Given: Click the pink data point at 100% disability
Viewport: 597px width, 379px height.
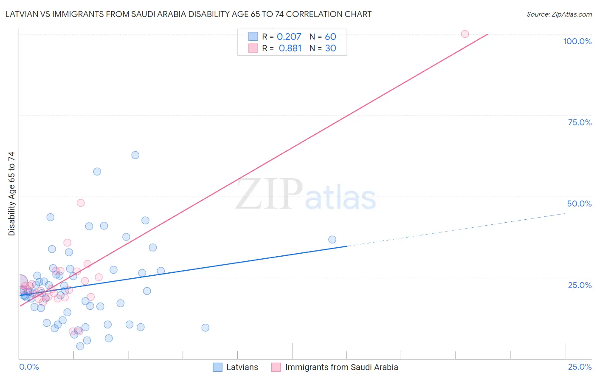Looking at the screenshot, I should coord(465,34).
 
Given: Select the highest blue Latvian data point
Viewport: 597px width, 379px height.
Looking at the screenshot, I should coord(135,155).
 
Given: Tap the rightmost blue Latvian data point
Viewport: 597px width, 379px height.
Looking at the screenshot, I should coord(332,240).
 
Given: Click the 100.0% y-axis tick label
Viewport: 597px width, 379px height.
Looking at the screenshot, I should coord(577,41).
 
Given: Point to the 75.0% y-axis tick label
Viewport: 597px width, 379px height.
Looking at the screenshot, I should coord(580,122).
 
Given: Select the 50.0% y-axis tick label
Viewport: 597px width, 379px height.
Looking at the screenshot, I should coord(579,204).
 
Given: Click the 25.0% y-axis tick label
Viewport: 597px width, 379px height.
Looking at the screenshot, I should coord(580,285).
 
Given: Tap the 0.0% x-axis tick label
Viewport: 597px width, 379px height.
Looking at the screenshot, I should coord(29,367).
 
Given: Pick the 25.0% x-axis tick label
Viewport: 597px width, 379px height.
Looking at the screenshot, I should coord(580,367).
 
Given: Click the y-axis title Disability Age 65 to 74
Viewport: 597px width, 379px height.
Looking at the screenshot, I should coord(11,194).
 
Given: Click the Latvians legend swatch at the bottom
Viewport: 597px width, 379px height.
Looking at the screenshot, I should coord(217,367).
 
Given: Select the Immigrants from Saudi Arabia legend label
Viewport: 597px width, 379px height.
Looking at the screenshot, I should coord(341,367).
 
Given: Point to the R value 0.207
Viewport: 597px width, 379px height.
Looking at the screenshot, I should coord(289,37).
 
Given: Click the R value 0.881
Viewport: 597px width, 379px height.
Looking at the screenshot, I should coord(290,48).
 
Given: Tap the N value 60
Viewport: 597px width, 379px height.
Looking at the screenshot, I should coord(330,37).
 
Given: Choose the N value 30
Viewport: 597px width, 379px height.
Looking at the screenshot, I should coord(330,48).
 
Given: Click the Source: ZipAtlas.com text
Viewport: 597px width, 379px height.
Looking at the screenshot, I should coord(559,14).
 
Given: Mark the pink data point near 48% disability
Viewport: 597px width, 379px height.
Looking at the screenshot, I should coord(80,203).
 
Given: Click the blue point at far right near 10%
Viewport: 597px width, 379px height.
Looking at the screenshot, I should coord(205,328).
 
